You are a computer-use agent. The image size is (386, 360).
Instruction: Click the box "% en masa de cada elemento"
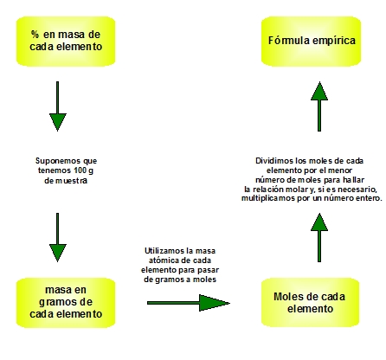click(x=66, y=42)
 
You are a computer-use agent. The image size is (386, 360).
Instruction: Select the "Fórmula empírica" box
click(x=311, y=42)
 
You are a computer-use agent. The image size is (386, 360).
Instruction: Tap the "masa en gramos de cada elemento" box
click(x=66, y=303)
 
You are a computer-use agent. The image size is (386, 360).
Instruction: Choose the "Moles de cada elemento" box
click(x=311, y=303)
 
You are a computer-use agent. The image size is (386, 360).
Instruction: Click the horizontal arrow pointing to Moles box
click(x=189, y=303)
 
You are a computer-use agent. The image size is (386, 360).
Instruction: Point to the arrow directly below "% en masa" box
click(x=58, y=106)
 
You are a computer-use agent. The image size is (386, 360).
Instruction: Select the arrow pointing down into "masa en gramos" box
click(x=58, y=237)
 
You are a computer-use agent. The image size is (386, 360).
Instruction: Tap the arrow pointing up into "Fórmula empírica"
click(x=319, y=106)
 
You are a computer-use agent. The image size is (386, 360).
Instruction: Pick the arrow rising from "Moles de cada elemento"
click(x=319, y=237)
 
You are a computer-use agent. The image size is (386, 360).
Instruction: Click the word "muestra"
click(x=71, y=181)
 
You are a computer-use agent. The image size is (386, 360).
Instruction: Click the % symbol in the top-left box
click(x=35, y=35)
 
